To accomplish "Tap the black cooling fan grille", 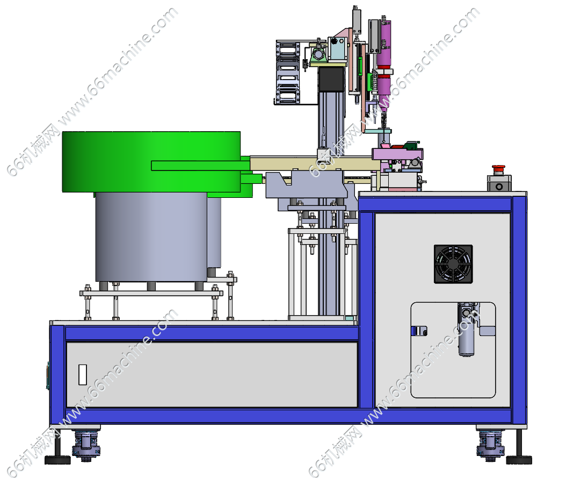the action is [453, 264].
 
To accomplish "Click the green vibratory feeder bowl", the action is [151, 161].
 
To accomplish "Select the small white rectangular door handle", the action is [83, 374].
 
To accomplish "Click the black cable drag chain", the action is [287, 73].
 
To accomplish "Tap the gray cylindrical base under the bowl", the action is [151, 237].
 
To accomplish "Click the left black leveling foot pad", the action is [57, 460].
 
